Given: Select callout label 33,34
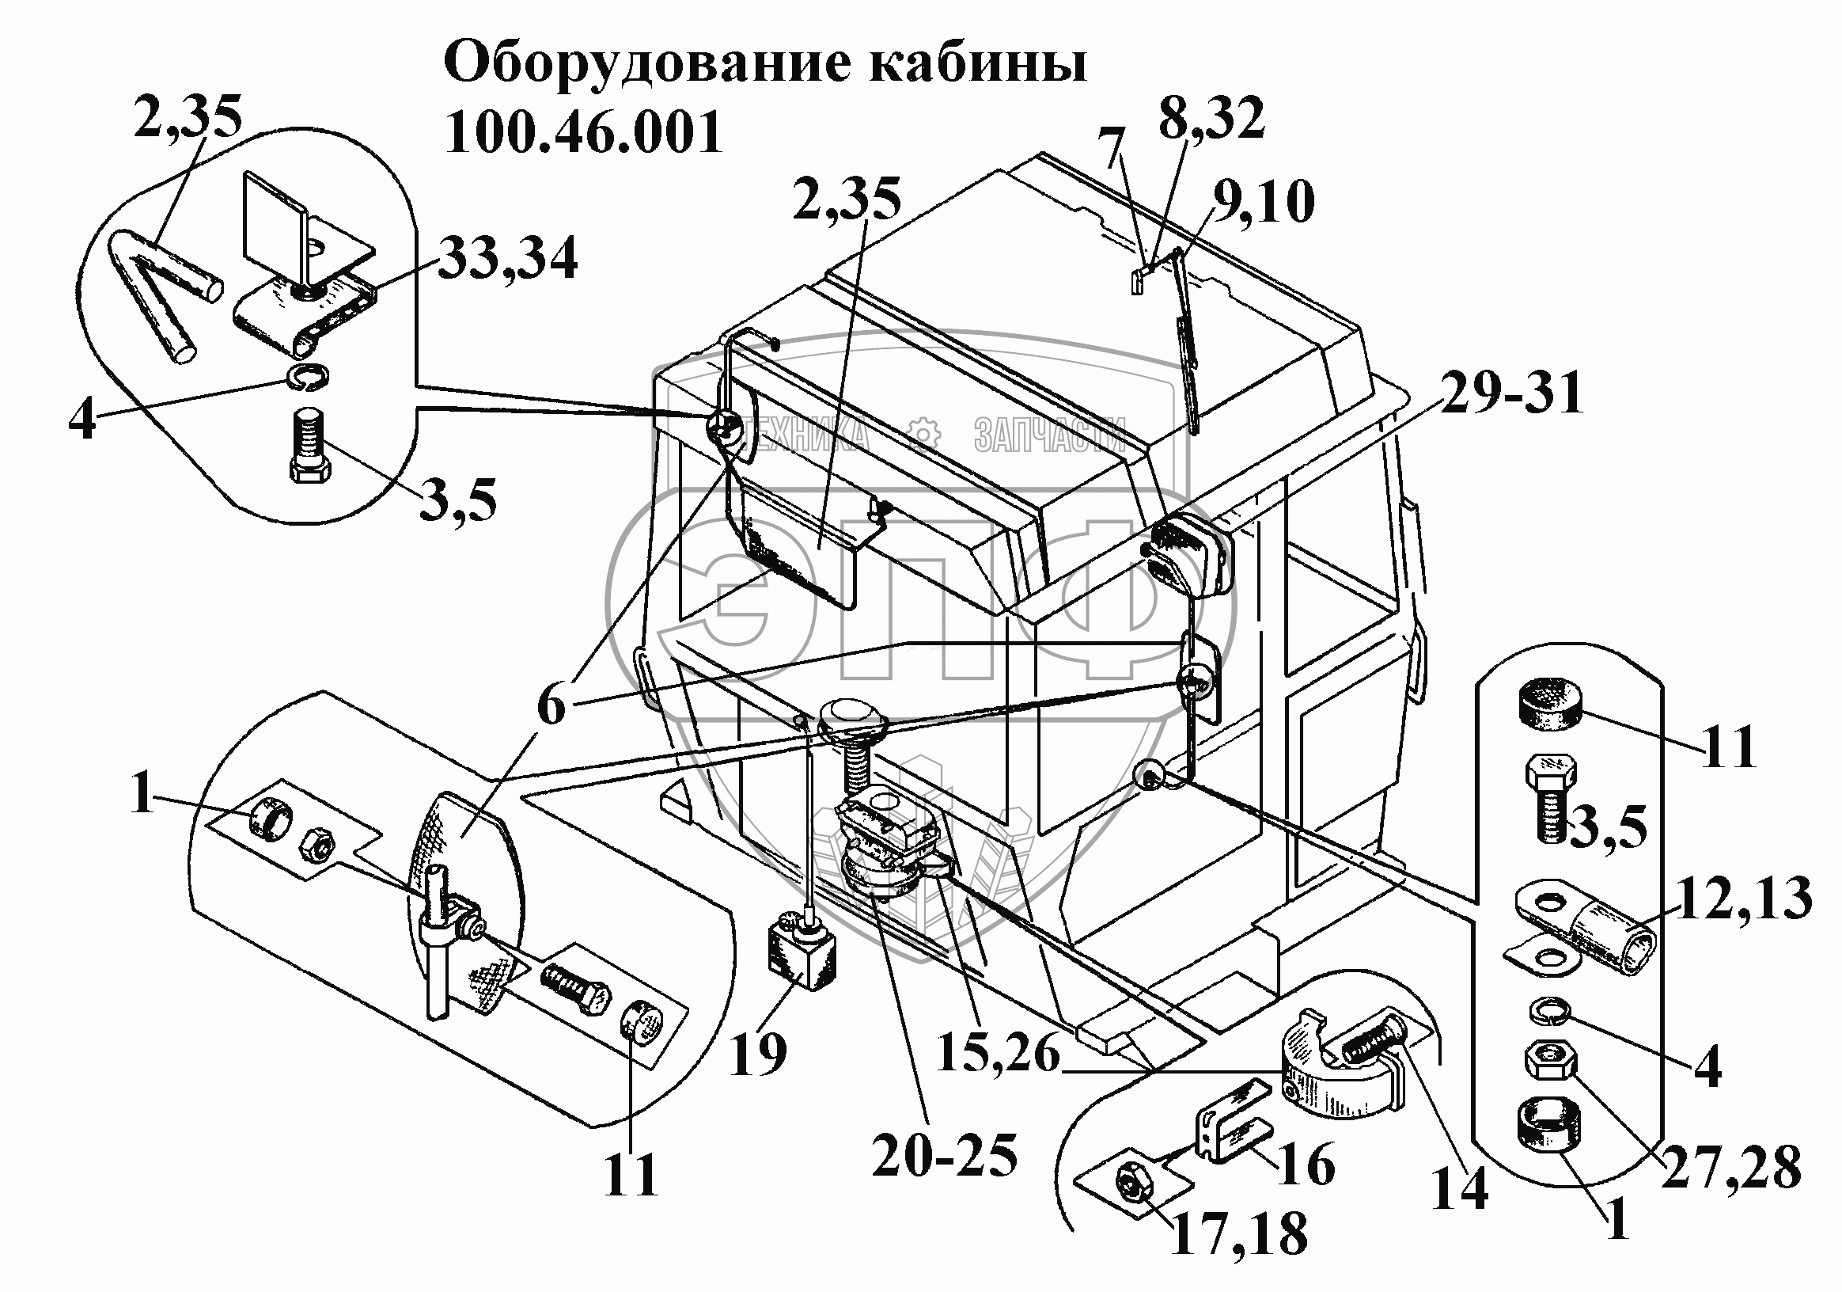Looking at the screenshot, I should pyautogui.click(x=507, y=258).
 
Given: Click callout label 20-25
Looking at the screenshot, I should pyautogui.click(x=944, y=1156).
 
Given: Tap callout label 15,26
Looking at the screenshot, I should pyautogui.click(x=998, y=1053).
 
